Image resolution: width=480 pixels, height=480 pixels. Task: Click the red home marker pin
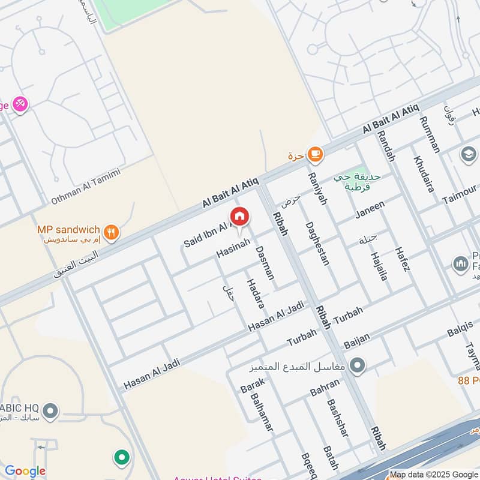239,217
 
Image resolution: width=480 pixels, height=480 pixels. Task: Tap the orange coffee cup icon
314,155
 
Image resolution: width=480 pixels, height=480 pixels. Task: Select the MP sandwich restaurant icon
110,232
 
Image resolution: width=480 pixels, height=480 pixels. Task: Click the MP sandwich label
69,230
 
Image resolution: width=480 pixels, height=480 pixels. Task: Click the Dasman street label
265,262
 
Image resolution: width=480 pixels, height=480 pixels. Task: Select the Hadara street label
255,293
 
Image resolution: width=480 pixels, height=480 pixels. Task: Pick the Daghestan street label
317,244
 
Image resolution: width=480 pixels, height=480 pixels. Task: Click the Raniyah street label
316,188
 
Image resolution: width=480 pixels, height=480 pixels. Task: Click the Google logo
25,471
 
